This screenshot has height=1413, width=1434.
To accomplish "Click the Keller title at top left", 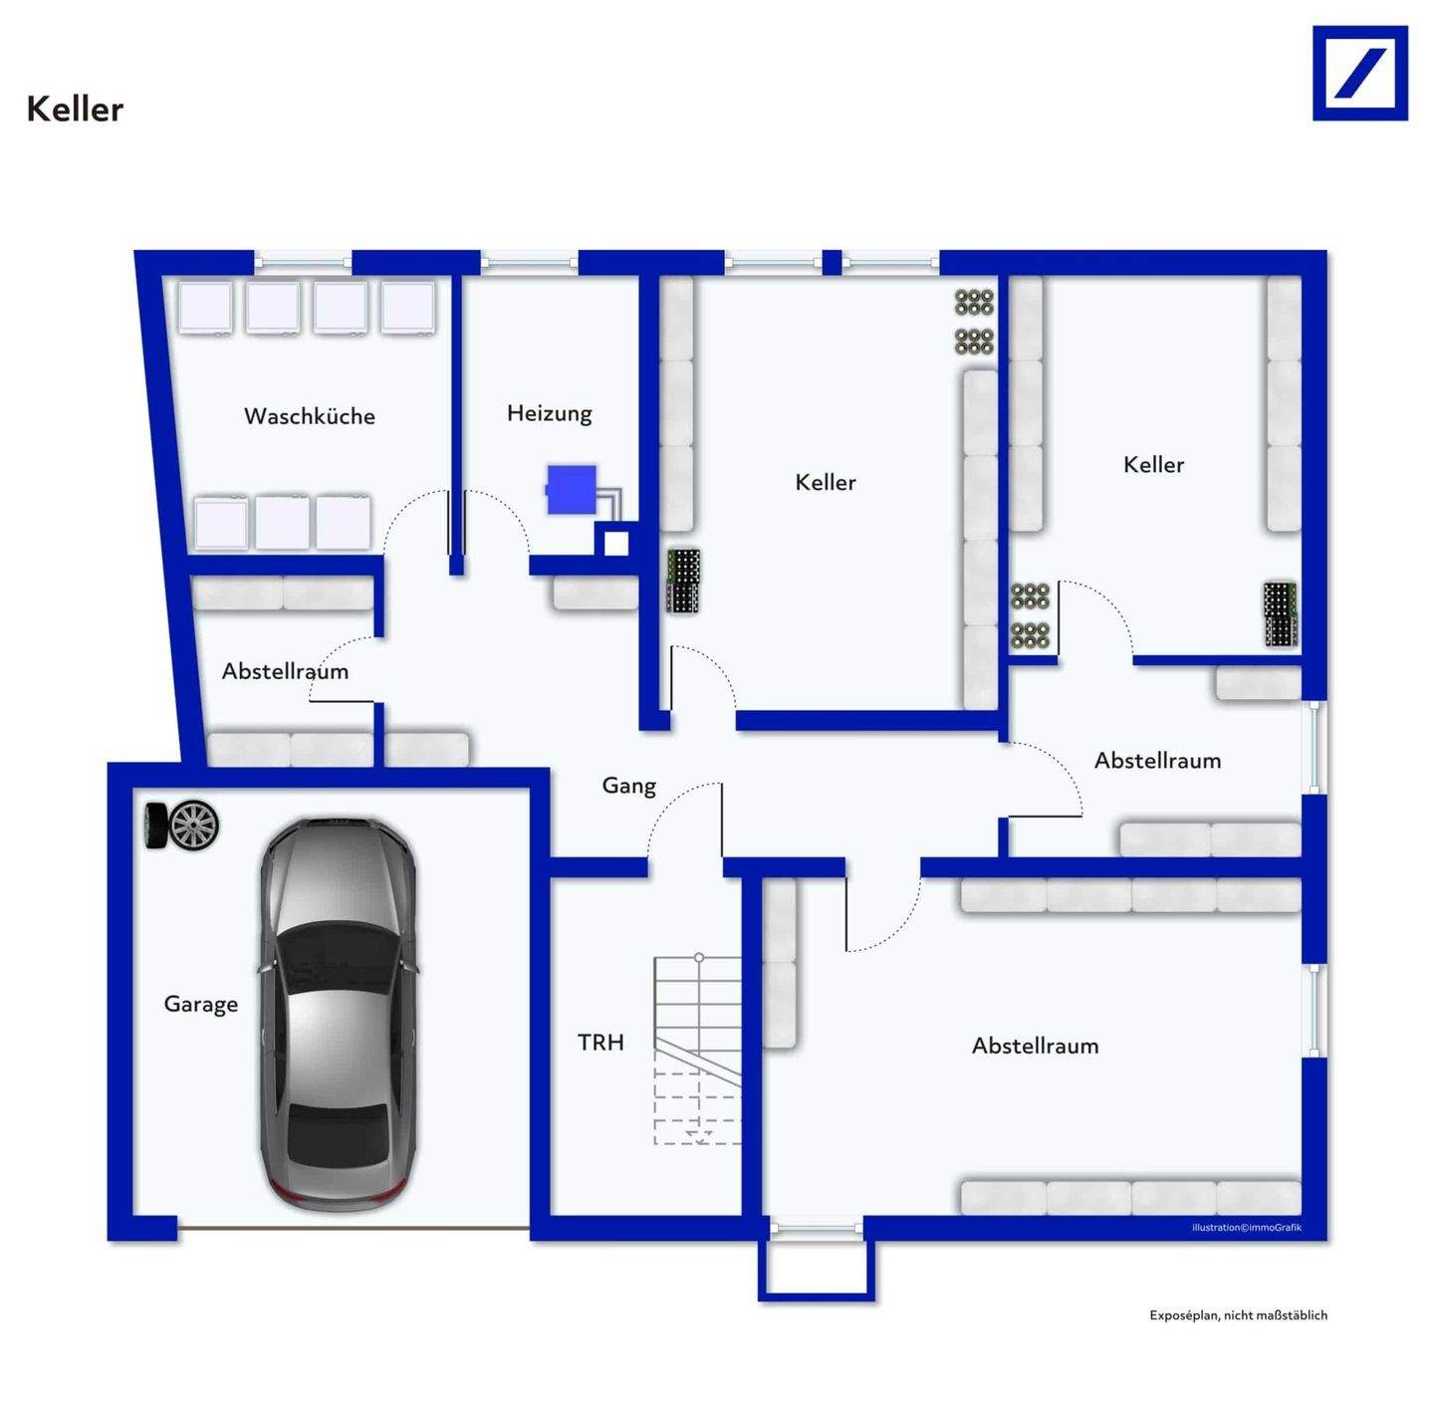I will [75, 110].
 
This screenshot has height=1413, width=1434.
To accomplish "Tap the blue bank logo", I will [1359, 74].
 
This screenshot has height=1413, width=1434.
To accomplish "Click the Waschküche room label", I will [310, 416].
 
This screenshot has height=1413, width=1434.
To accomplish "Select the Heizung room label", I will [549, 413].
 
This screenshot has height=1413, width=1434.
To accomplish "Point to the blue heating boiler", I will [572, 490].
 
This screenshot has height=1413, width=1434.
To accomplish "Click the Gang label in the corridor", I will [629, 786].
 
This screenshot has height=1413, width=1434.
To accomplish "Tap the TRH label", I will [600, 1043].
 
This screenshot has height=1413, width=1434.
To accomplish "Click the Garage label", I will [201, 1004].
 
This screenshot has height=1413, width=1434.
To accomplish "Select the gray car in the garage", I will [339, 1014].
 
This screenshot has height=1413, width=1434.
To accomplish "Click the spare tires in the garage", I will [182, 825].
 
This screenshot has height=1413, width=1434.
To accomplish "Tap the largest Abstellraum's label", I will [1036, 1046].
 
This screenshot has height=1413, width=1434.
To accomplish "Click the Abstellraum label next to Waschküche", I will [285, 671].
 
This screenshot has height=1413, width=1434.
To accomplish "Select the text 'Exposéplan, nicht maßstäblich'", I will [1238, 1315].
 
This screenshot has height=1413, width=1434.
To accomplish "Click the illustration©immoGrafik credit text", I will [1246, 1228].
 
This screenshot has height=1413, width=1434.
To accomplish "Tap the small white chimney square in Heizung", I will [616, 544].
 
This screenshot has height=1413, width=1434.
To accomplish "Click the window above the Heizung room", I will [529, 263].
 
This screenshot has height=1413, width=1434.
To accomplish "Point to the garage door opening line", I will [354, 1228].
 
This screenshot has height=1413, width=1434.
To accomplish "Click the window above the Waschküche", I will [303, 263].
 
